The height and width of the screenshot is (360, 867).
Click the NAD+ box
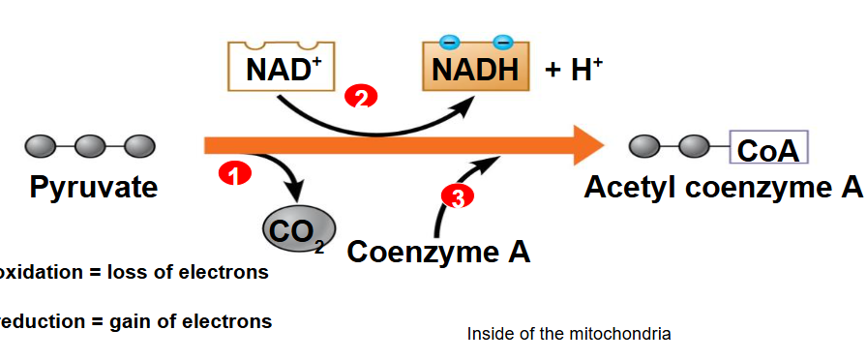pyautogui.click(x=281, y=68)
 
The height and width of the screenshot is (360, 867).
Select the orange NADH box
pyautogui.click(x=475, y=68)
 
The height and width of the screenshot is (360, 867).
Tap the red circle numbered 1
pyautogui.click(x=235, y=175)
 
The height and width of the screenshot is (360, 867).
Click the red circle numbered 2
pyautogui.click(x=361, y=99)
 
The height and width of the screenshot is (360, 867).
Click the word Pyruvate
pyautogui.click(x=93, y=187)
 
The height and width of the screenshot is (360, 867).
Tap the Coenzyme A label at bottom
pyautogui.click(x=438, y=252)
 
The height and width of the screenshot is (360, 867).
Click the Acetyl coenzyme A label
pyautogui.click(x=722, y=187)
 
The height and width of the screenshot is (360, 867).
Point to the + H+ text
pyautogui.click(x=574, y=69)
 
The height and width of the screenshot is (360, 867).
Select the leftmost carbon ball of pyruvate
pyautogui.click(x=40, y=146)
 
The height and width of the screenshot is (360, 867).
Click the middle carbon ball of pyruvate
pyautogui.click(x=90, y=146)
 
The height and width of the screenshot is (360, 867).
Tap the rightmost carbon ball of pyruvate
pyautogui.click(x=140, y=146)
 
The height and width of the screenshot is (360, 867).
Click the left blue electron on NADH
pyautogui.click(x=450, y=42)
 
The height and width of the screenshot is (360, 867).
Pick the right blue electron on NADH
pyautogui.click(x=502, y=42)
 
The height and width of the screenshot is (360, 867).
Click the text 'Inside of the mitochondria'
pyautogui.click(x=569, y=334)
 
